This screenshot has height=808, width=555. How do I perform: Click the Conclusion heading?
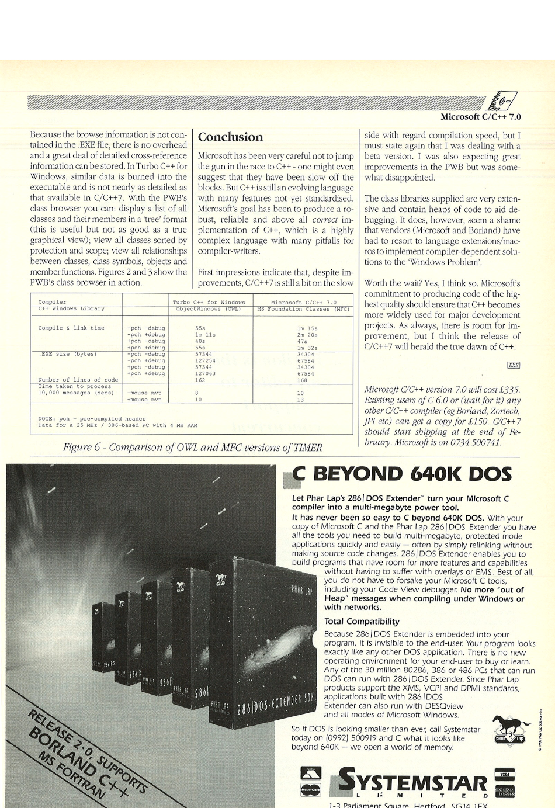coord(231,137)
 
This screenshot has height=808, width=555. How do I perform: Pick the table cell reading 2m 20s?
coord(307,334)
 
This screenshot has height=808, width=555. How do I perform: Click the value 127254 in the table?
coord(205,360)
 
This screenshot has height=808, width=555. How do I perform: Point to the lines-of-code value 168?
coord(302,380)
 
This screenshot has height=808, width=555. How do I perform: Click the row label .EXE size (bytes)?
coord(67,354)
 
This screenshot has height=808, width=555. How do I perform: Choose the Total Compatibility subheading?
coord(362,621)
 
